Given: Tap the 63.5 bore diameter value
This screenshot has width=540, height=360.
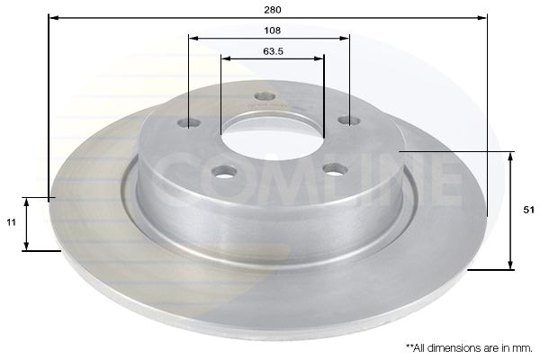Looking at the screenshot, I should [273, 50].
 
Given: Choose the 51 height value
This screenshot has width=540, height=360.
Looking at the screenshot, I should [528, 209].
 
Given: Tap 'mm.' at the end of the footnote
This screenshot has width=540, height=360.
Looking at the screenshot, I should [523, 346].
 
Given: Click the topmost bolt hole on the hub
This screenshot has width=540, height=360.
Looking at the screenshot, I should [264, 96].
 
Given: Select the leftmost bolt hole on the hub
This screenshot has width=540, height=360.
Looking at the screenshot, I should [189, 122].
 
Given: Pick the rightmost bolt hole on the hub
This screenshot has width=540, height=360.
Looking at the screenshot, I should [348, 120].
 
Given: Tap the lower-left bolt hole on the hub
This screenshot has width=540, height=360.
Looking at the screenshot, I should [224, 171].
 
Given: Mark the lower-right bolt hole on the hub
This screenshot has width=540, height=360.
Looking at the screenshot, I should [335, 168].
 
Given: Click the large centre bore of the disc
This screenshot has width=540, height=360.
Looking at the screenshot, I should [272, 135].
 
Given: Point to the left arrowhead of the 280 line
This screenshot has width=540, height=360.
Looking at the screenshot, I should [51, 17].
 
